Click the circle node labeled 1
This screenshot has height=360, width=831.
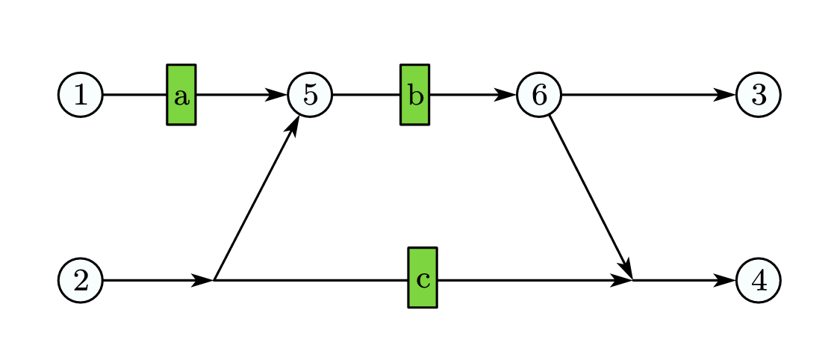pyautogui.click(x=81, y=95)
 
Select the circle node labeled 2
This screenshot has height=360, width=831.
pyautogui.click(x=81, y=280)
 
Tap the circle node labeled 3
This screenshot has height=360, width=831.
pyautogui.click(x=758, y=95)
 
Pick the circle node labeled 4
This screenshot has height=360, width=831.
pyautogui.click(x=758, y=280)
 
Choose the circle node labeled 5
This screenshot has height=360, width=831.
pyautogui.click(x=310, y=95)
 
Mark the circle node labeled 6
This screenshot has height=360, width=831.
pyautogui.click(x=538, y=95)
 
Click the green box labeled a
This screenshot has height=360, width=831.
pyautogui.click(x=181, y=95)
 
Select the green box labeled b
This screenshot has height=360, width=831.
pyautogui.click(x=415, y=95)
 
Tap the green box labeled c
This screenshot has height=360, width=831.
pyautogui.click(x=423, y=278)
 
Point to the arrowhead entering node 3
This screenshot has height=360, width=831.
pyautogui.click(x=726, y=95)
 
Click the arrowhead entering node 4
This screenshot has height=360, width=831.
pyautogui.click(x=726, y=280)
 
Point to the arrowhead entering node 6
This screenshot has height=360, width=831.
pyautogui.click(x=506, y=95)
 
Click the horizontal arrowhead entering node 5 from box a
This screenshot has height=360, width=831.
pyautogui.click(x=277, y=95)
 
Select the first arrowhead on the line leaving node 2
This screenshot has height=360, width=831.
pyautogui.click(x=203, y=280)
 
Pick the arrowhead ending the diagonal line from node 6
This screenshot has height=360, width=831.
pyautogui.click(x=626, y=268)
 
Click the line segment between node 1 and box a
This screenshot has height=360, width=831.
pyautogui.click(x=134, y=95)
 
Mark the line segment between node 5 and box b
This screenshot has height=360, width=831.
pyautogui.click(x=366, y=95)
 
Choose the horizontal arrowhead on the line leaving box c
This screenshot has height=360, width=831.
pyautogui.click(x=622, y=280)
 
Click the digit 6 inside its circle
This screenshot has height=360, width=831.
pyautogui.click(x=538, y=95)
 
